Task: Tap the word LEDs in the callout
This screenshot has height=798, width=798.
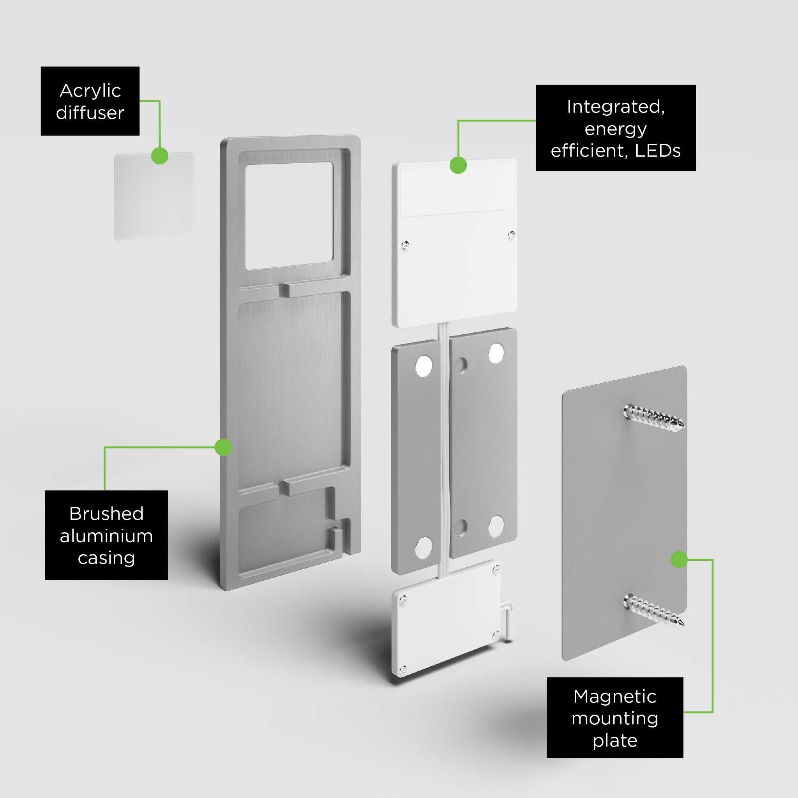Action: click(658, 151)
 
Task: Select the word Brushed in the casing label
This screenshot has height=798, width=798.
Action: click(106, 514)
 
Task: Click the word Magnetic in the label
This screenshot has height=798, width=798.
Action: click(614, 697)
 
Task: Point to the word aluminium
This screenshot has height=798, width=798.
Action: click(106, 536)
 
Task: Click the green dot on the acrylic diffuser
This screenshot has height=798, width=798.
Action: click(160, 156)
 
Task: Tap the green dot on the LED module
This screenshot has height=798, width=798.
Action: click(458, 165)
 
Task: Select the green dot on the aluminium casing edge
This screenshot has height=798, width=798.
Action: click(223, 447)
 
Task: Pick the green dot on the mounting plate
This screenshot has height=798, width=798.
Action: click(679, 560)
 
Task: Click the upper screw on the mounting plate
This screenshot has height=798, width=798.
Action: click(654, 417)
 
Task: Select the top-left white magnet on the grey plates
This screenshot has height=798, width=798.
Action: click(424, 366)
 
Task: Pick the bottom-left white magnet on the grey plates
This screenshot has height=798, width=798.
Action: click(424, 548)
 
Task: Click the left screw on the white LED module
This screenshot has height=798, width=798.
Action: click(405, 246)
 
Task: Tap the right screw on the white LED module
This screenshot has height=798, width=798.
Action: click(511, 235)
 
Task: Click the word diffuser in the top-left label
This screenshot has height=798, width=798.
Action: click(90, 113)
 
